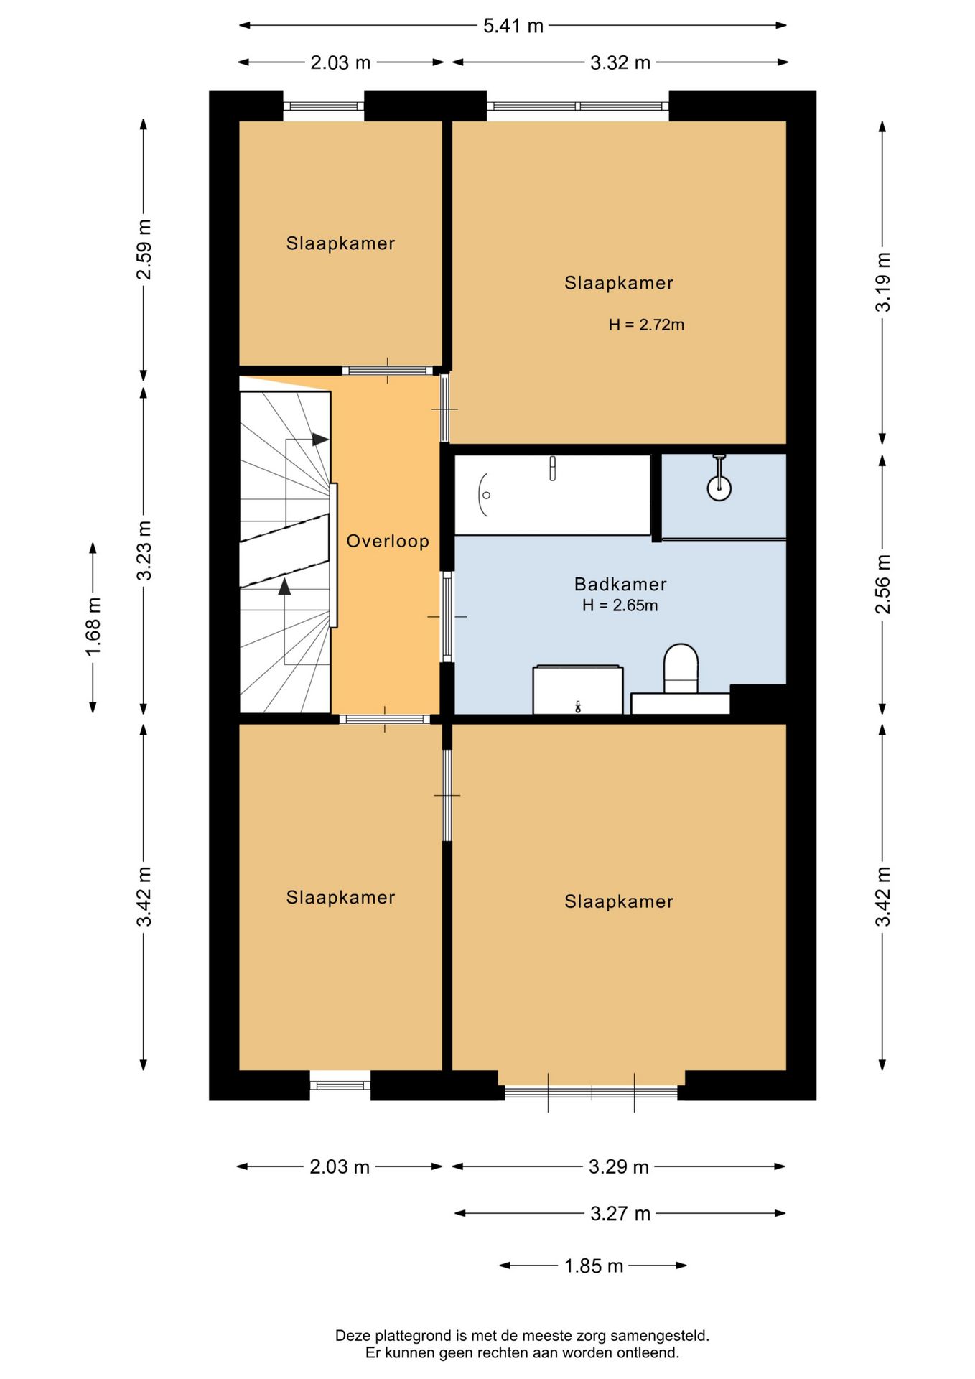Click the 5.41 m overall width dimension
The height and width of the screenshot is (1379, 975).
coord(513,26)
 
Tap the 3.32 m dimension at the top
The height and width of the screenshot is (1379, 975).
coord(620,62)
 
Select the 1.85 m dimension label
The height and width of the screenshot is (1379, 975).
coord(594,1266)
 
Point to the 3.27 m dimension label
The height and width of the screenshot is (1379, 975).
coord(620,1214)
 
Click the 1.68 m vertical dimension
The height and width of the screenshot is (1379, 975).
coord(93,627)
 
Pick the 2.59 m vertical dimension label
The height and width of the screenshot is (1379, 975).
coord(144,249)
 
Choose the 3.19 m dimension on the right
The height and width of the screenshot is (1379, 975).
coord(882,282)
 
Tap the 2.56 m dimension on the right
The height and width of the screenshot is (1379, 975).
coord(882,584)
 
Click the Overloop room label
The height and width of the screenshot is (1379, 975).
coord(388,541)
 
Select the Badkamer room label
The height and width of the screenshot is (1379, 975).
coord(620,584)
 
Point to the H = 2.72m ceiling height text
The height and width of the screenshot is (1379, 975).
coord(646,325)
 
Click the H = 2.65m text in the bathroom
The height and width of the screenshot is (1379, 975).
coord(620,605)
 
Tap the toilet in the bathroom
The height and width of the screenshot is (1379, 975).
coord(681,669)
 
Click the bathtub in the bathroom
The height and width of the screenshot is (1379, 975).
coord(552,495)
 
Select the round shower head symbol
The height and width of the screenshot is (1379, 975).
coord(719,488)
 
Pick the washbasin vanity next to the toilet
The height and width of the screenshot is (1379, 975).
coord(578,689)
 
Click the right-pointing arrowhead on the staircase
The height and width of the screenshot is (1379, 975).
coord(320,440)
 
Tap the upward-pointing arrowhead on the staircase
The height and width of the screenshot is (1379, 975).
coord(285,586)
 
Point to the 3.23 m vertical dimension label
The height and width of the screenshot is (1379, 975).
coord(144,551)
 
